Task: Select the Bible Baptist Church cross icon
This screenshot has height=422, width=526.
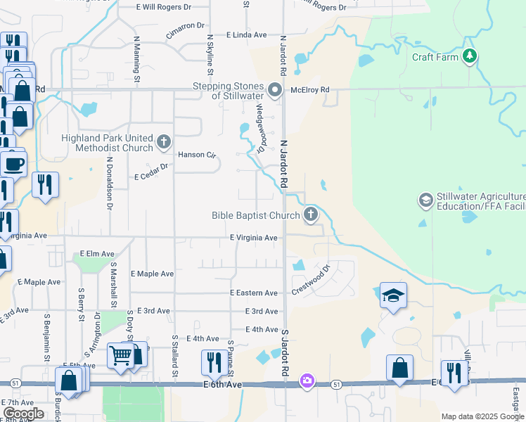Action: click(x=311, y=215)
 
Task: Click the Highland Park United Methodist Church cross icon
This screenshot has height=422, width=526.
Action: click(x=164, y=143)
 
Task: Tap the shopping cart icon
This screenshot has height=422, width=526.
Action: click(x=120, y=357)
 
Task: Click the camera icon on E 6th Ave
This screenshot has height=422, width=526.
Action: click(x=307, y=381)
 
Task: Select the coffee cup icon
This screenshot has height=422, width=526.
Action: click(x=13, y=165)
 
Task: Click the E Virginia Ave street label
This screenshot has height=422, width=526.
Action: click(x=253, y=238)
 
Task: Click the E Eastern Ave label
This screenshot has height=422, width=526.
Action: click(x=253, y=293)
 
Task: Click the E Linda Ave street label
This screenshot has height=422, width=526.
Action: click(x=246, y=34)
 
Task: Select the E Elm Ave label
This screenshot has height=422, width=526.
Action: click(x=97, y=253)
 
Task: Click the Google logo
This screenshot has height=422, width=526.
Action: click(x=23, y=414)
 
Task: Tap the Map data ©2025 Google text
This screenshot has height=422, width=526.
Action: click(x=482, y=416)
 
